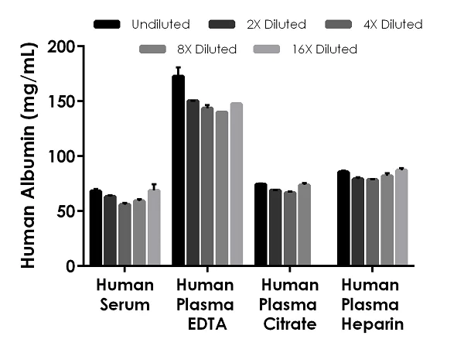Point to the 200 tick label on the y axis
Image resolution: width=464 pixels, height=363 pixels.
click(62, 46)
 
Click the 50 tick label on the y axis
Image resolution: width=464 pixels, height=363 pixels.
click(67, 211)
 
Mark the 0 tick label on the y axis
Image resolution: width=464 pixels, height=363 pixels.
click(71, 266)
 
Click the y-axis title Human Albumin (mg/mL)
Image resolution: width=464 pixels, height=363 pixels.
click(27, 156)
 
